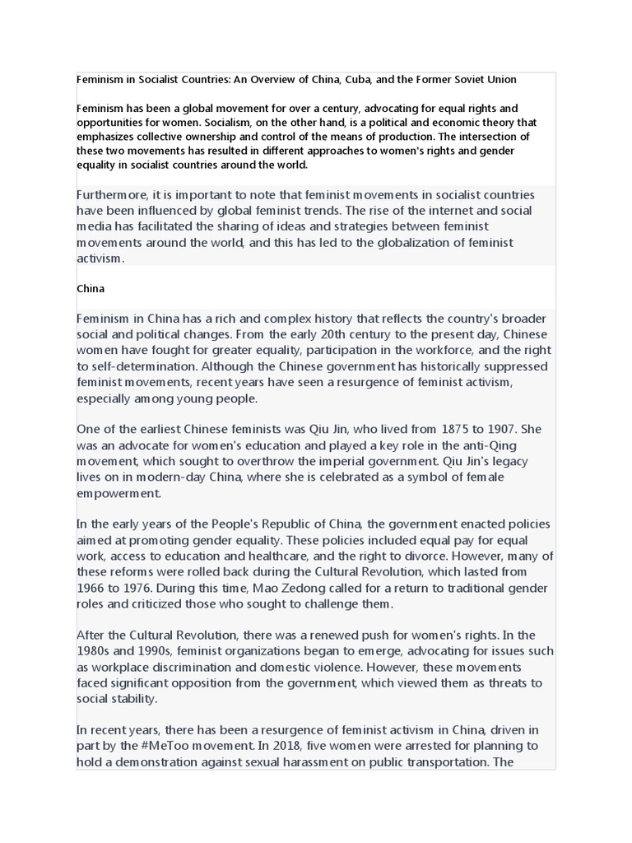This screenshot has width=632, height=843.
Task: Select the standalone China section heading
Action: [x=90, y=289]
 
